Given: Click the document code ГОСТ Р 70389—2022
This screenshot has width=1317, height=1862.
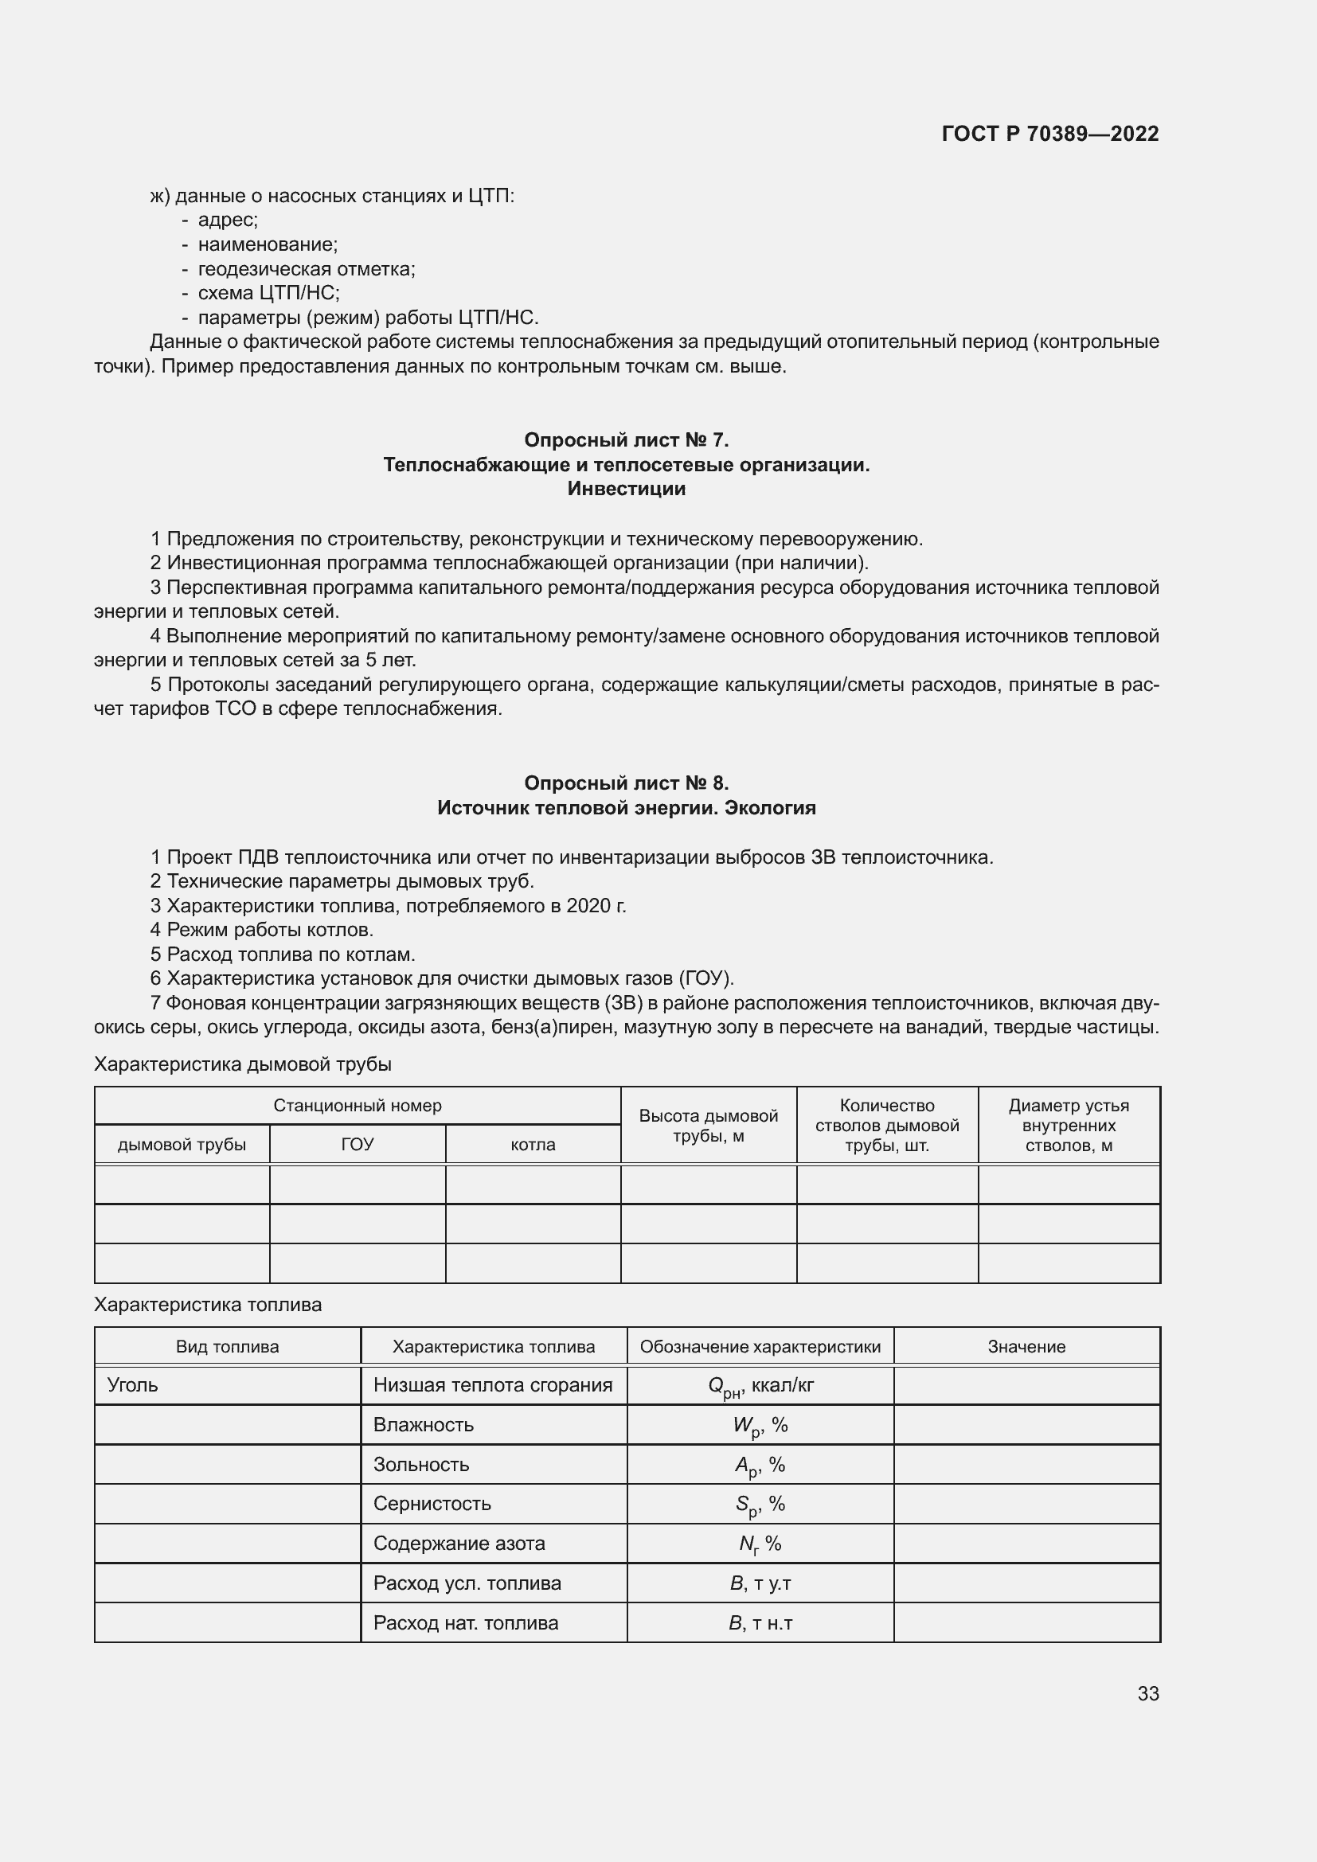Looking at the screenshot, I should click(1049, 134).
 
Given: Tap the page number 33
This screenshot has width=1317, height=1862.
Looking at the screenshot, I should click(1147, 1693).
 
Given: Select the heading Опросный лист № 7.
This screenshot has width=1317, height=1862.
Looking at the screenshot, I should click(626, 439).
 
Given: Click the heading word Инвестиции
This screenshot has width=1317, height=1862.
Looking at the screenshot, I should click(626, 489).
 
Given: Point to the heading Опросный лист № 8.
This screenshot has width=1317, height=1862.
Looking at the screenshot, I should click(626, 783).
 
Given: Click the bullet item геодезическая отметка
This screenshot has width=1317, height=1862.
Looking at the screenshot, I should click(306, 268).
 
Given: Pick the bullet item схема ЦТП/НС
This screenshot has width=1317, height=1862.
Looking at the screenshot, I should click(268, 293).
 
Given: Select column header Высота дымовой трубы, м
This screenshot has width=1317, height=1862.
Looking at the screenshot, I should click(708, 1126).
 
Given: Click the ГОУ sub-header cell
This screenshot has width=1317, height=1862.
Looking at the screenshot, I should click(357, 1144).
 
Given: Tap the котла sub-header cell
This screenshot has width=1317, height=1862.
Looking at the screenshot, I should click(533, 1144).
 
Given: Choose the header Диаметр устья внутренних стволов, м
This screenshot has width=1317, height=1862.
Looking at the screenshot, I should click(1068, 1126).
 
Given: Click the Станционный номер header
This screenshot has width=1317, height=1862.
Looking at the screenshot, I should click(357, 1106).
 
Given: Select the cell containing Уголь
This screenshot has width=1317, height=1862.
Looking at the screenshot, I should click(133, 1385).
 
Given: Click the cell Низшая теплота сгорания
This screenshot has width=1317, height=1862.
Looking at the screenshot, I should click(492, 1385).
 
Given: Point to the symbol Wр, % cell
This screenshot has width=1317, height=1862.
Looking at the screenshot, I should click(760, 1426).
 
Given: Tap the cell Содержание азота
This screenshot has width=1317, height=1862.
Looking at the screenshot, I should click(459, 1544).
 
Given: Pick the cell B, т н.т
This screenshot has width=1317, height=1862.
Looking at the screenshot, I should click(760, 1622).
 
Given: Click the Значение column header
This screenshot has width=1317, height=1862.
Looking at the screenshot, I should click(1026, 1347).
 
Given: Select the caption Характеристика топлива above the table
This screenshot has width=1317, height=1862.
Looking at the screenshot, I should click(208, 1305).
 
